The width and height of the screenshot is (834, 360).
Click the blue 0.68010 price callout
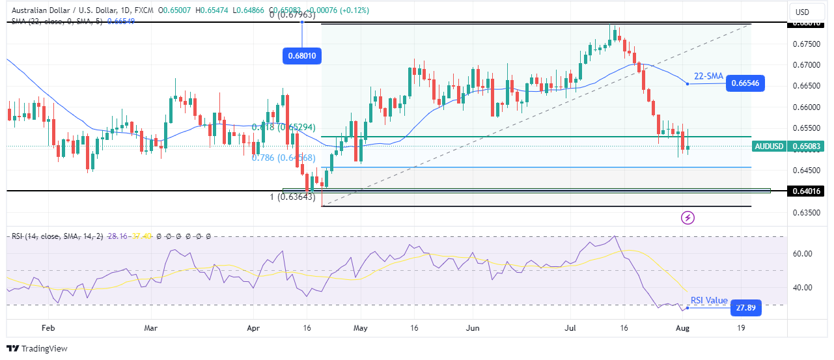(301, 56)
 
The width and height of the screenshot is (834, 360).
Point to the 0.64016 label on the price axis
(807, 191)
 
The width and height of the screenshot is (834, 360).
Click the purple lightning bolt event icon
(688, 217)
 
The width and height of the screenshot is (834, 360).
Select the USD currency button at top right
(802, 12)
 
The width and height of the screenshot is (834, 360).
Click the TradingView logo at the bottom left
(37, 348)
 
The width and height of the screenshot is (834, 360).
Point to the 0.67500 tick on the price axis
(806, 44)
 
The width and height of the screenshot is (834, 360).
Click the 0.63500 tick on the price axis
(806, 213)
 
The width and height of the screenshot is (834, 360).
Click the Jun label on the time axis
(473, 329)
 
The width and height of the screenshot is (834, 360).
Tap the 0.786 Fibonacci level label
(284, 158)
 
